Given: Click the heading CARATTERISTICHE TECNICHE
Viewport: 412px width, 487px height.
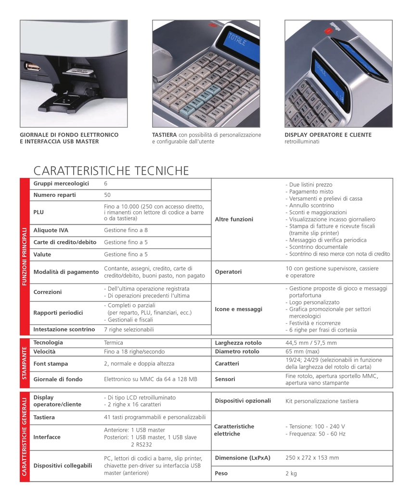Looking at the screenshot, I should (x=111, y=171).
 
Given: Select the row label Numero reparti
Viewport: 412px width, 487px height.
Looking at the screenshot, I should (x=54, y=195).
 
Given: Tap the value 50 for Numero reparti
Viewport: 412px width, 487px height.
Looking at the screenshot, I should (x=107, y=195).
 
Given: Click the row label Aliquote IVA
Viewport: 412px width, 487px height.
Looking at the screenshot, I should (x=51, y=230).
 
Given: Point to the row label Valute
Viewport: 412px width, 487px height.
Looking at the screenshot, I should (x=42, y=254).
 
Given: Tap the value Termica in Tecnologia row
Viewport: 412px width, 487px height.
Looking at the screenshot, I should (x=114, y=343).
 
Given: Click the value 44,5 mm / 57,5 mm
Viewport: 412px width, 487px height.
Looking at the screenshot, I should (x=311, y=343).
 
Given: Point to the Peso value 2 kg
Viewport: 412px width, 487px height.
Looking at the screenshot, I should (x=291, y=473).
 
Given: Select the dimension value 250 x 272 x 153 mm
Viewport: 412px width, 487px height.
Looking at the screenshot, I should (x=312, y=458).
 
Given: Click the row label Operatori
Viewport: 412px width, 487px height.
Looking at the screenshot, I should (x=229, y=272).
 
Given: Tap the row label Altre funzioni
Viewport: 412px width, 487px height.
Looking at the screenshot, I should (x=234, y=219).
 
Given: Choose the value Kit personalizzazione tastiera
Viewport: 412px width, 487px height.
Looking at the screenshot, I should (x=322, y=401).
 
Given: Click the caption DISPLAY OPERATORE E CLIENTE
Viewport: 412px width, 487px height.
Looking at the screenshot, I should (x=328, y=135).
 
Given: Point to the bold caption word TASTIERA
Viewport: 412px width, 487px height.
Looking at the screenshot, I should (x=165, y=135).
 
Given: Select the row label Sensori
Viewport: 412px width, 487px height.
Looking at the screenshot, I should (x=225, y=379).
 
